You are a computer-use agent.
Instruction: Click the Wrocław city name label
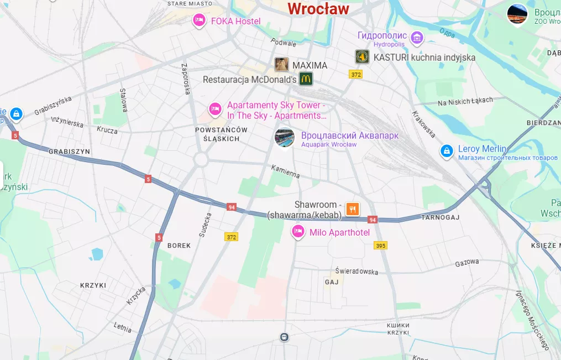pos(318,9)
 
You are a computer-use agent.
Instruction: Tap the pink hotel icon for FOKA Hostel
pos(198,20)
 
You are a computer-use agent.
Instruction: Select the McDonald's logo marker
pos(306,79)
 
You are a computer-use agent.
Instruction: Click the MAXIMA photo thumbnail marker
pos(282,65)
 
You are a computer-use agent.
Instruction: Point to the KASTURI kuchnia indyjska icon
pos(362,56)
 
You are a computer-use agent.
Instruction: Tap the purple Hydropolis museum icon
pos(417,38)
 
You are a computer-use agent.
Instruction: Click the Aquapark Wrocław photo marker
pos(285,137)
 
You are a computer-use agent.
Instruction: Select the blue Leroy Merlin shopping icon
pos(447,150)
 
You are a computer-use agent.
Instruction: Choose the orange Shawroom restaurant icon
pos(353,209)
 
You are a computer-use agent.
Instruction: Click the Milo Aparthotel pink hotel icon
pos(298,232)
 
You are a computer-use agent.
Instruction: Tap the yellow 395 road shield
pos(380,245)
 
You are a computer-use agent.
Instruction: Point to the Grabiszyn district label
pos(69,151)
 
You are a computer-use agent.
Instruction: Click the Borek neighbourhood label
pos(179,245)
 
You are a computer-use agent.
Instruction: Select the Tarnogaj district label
pos(441,217)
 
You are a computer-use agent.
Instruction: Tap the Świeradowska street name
pos(356,271)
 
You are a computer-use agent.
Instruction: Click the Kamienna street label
pos(285,171)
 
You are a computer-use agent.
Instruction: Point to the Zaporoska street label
pos(186,79)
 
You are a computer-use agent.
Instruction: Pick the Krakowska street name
pos(424,124)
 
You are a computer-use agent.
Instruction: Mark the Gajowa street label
pos(467,262)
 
